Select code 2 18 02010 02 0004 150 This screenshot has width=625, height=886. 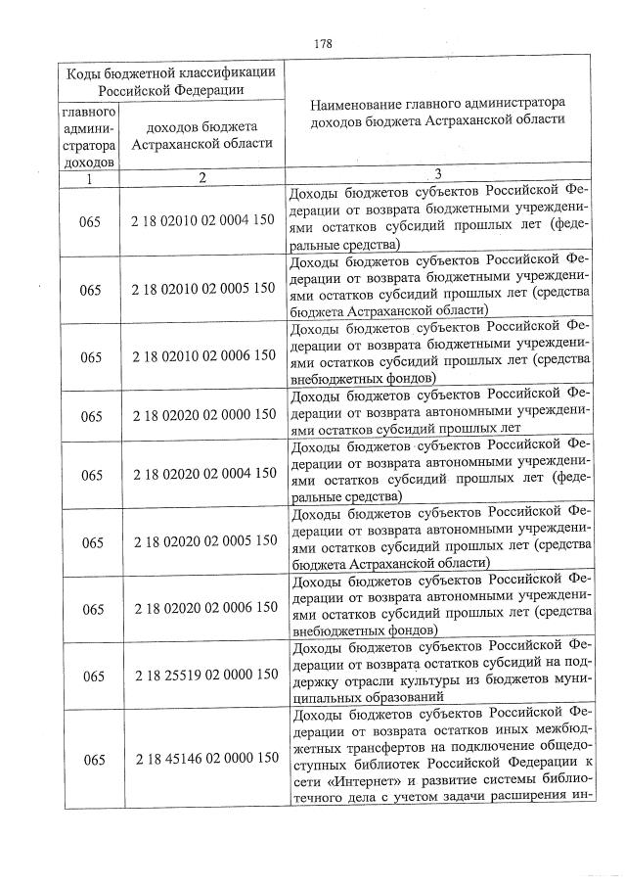[x=202, y=222]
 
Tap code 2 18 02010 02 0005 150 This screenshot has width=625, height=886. [x=202, y=290]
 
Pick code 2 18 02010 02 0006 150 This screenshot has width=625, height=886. [x=202, y=355]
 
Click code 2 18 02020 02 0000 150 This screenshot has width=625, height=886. [x=202, y=416]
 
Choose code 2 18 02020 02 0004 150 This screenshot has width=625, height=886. [x=202, y=475]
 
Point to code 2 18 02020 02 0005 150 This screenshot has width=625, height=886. [x=202, y=541]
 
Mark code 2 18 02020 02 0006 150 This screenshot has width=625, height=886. [x=202, y=609]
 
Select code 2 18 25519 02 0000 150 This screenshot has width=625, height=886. [x=202, y=676]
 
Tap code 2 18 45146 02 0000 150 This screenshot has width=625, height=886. [x=202, y=759]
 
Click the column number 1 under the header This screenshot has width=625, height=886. [x=88, y=179]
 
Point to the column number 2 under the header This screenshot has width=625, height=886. [x=202, y=179]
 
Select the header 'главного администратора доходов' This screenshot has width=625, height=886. [x=88, y=136]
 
